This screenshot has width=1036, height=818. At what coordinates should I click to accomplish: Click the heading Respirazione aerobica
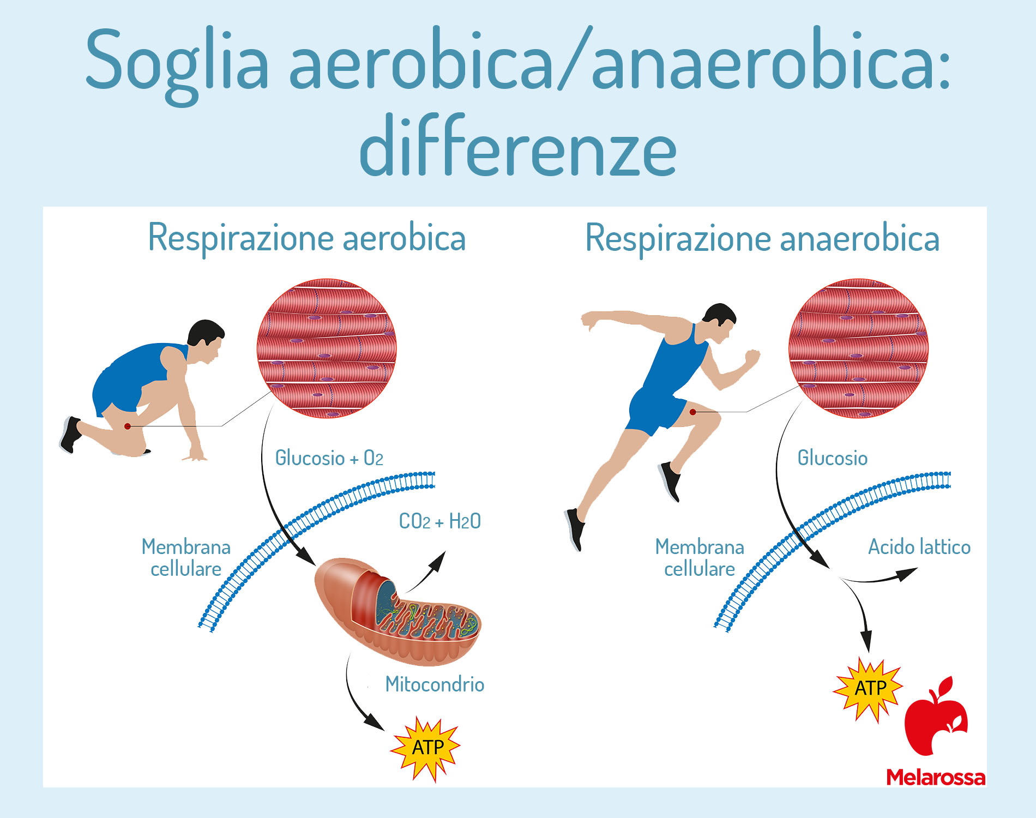[307, 238]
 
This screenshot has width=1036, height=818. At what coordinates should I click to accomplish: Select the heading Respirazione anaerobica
[762, 239]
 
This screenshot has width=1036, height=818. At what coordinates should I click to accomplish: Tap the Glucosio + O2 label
[329, 458]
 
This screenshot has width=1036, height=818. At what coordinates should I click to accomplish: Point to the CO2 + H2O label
[439, 521]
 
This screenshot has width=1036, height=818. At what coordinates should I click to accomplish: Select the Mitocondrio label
[435, 684]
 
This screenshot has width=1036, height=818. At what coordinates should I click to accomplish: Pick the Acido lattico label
[919, 546]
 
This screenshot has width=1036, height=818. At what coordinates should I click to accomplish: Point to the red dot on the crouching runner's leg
[128, 426]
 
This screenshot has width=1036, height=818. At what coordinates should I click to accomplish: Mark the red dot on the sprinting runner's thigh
[692, 412]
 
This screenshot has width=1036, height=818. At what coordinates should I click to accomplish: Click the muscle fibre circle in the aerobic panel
[327, 348]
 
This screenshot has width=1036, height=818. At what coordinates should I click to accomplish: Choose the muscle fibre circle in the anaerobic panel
[858, 348]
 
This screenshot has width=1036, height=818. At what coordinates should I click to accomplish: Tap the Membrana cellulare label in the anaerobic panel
[700, 557]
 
